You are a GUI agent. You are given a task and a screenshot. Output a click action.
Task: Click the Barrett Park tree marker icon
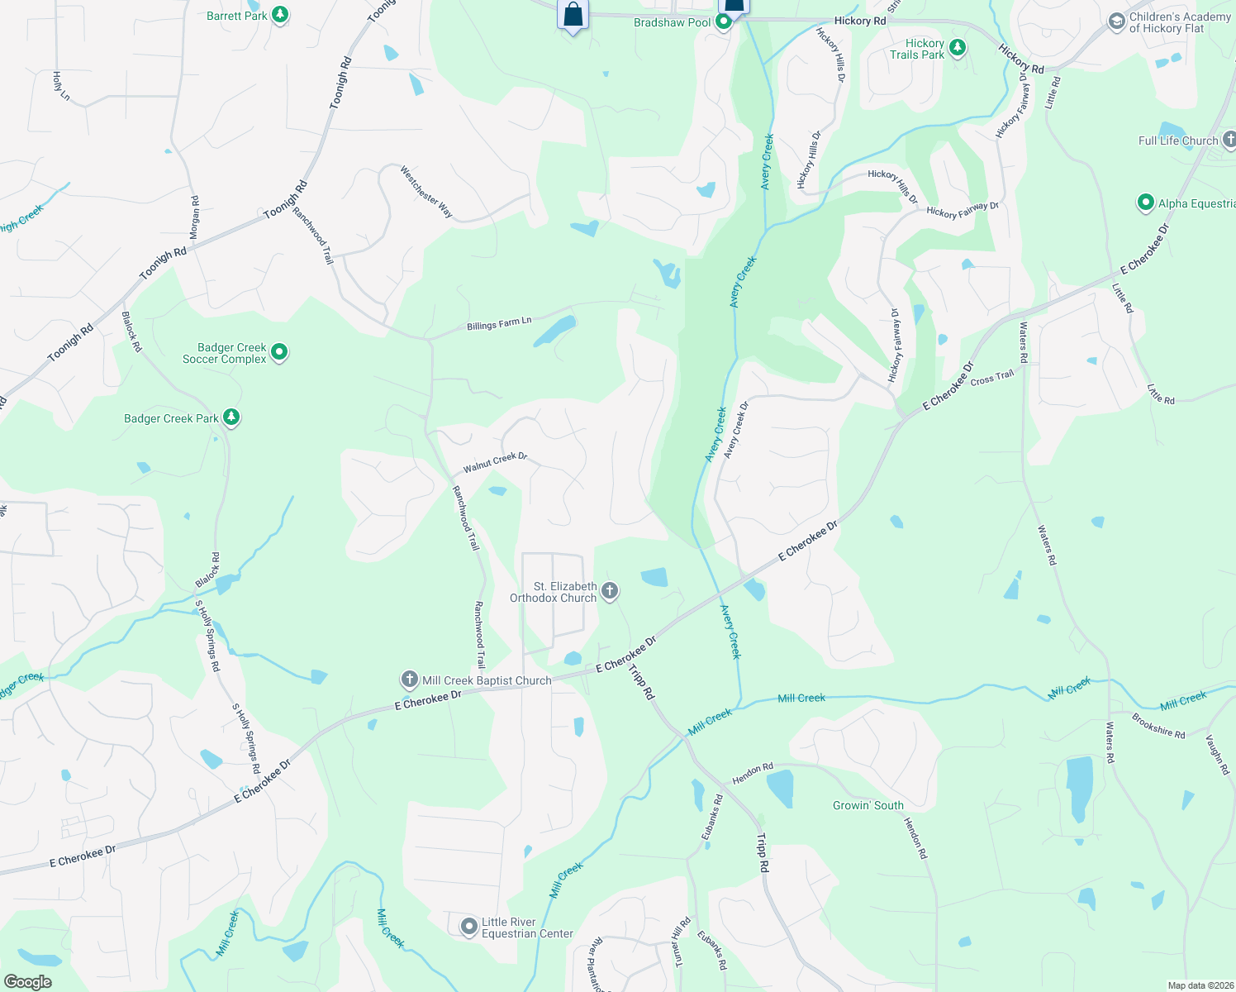(280, 16)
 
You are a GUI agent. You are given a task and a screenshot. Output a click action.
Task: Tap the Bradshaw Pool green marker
(724, 22)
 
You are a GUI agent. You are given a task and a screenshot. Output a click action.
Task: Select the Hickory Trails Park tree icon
(958, 48)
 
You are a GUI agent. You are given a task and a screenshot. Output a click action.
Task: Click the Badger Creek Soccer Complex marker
(279, 352)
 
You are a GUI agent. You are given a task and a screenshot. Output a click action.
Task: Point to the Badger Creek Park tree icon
(231, 417)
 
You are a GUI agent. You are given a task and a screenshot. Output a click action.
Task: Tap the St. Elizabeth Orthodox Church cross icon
(610, 591)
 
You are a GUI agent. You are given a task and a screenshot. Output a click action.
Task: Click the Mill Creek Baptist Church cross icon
(409, 680)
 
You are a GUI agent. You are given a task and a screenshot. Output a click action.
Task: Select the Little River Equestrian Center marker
(469, 927)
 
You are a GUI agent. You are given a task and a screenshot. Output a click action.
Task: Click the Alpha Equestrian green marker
(1145, 203)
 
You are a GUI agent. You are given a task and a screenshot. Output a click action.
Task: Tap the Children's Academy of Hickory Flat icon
(1117, 21)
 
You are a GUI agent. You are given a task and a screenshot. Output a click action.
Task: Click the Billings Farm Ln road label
(499, 324)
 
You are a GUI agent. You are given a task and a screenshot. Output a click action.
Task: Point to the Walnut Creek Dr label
(495, 462)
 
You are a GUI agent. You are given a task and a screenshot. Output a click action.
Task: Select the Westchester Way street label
(426, 192)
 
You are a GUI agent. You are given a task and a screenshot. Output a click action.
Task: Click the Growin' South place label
(868, 805)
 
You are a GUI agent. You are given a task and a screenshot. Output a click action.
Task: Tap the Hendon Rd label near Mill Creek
(753, 774)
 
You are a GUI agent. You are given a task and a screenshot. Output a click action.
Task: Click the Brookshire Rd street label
(1158, 726)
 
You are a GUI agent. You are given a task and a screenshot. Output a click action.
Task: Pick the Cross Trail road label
(992, 378)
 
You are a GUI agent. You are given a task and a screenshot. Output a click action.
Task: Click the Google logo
(27, 981)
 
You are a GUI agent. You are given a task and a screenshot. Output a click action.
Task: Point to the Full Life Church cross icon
(1229, 140)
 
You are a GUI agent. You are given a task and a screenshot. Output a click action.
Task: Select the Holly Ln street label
(61, 86)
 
